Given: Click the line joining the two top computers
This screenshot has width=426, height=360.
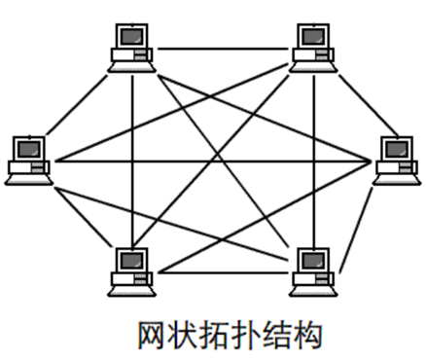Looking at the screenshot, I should (222, 47).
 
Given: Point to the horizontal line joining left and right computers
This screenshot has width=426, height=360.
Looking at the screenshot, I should (214, 159).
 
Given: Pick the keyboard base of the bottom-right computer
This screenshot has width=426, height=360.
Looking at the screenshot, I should (314, 285).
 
